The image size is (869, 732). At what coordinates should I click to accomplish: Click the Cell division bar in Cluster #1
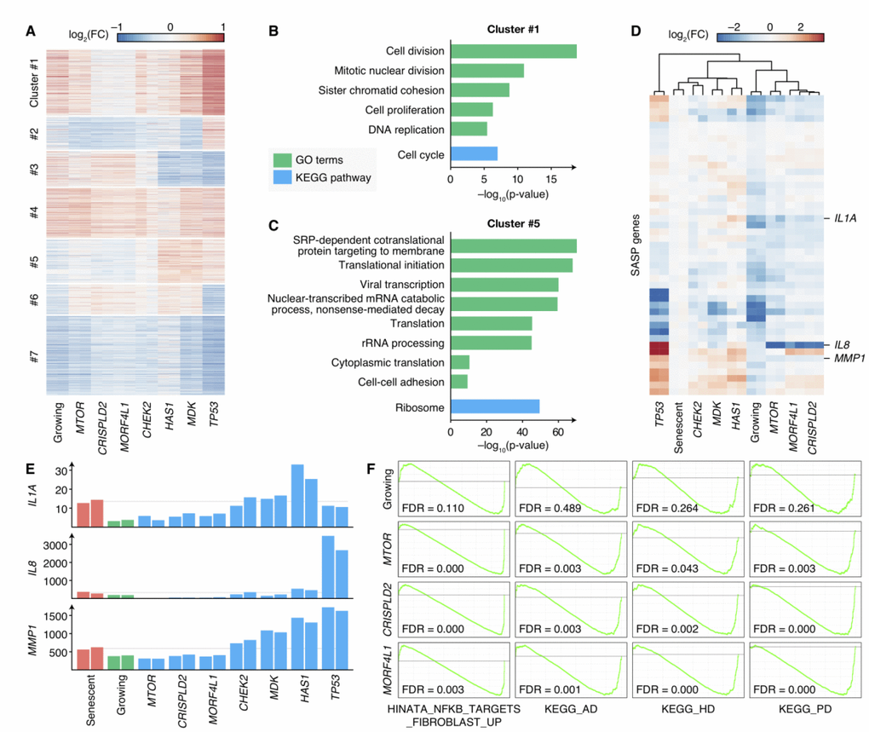[513, 51]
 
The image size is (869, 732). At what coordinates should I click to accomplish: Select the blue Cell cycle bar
[474, 154]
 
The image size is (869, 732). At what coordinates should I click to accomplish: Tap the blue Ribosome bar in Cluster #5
[495, 407]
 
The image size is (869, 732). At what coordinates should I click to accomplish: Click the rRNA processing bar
[491, 343]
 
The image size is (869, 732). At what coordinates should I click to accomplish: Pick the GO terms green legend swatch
[283, 159]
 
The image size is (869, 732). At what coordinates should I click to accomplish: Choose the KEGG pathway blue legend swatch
[283, 177]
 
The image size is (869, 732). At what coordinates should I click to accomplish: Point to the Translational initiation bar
[511, 265]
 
